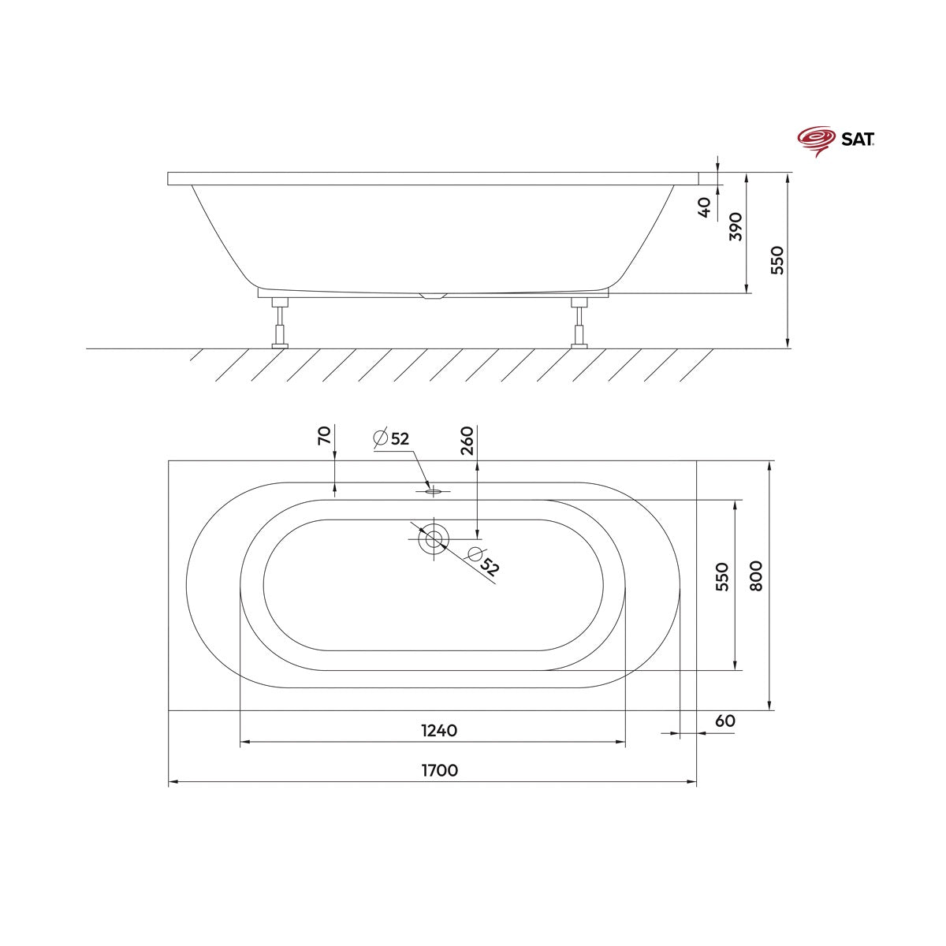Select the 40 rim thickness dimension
tap(706, 207)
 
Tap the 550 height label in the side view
tap(778, 260)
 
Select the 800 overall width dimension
tap(757, 577)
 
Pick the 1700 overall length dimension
tap(439, 770)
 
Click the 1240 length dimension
tap(439, 731)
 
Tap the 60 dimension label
tap(725, 721)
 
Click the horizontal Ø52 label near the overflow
tap(392, 438)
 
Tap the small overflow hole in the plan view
tap(433, 491)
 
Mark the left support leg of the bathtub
tap(280, 323)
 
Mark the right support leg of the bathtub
tap(579, 323)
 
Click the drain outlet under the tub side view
tap(433, 296)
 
